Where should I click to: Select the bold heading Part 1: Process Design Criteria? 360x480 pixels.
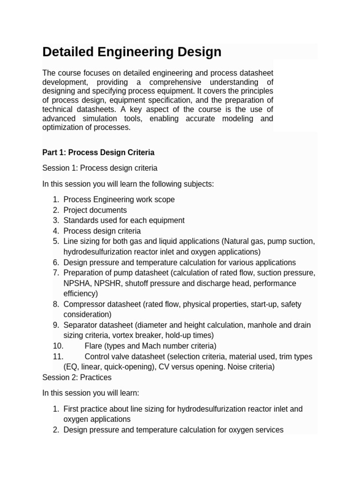tap(98, 152)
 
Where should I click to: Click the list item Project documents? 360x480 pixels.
tap(95, 210)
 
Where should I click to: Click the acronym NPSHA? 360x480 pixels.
tap(77, 283)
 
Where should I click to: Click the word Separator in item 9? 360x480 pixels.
tap(79, 325)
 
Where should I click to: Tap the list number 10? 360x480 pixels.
tap(59, 346)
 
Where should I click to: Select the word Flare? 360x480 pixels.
tap(93, 346)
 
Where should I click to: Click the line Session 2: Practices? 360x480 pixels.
tap(77, 377)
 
